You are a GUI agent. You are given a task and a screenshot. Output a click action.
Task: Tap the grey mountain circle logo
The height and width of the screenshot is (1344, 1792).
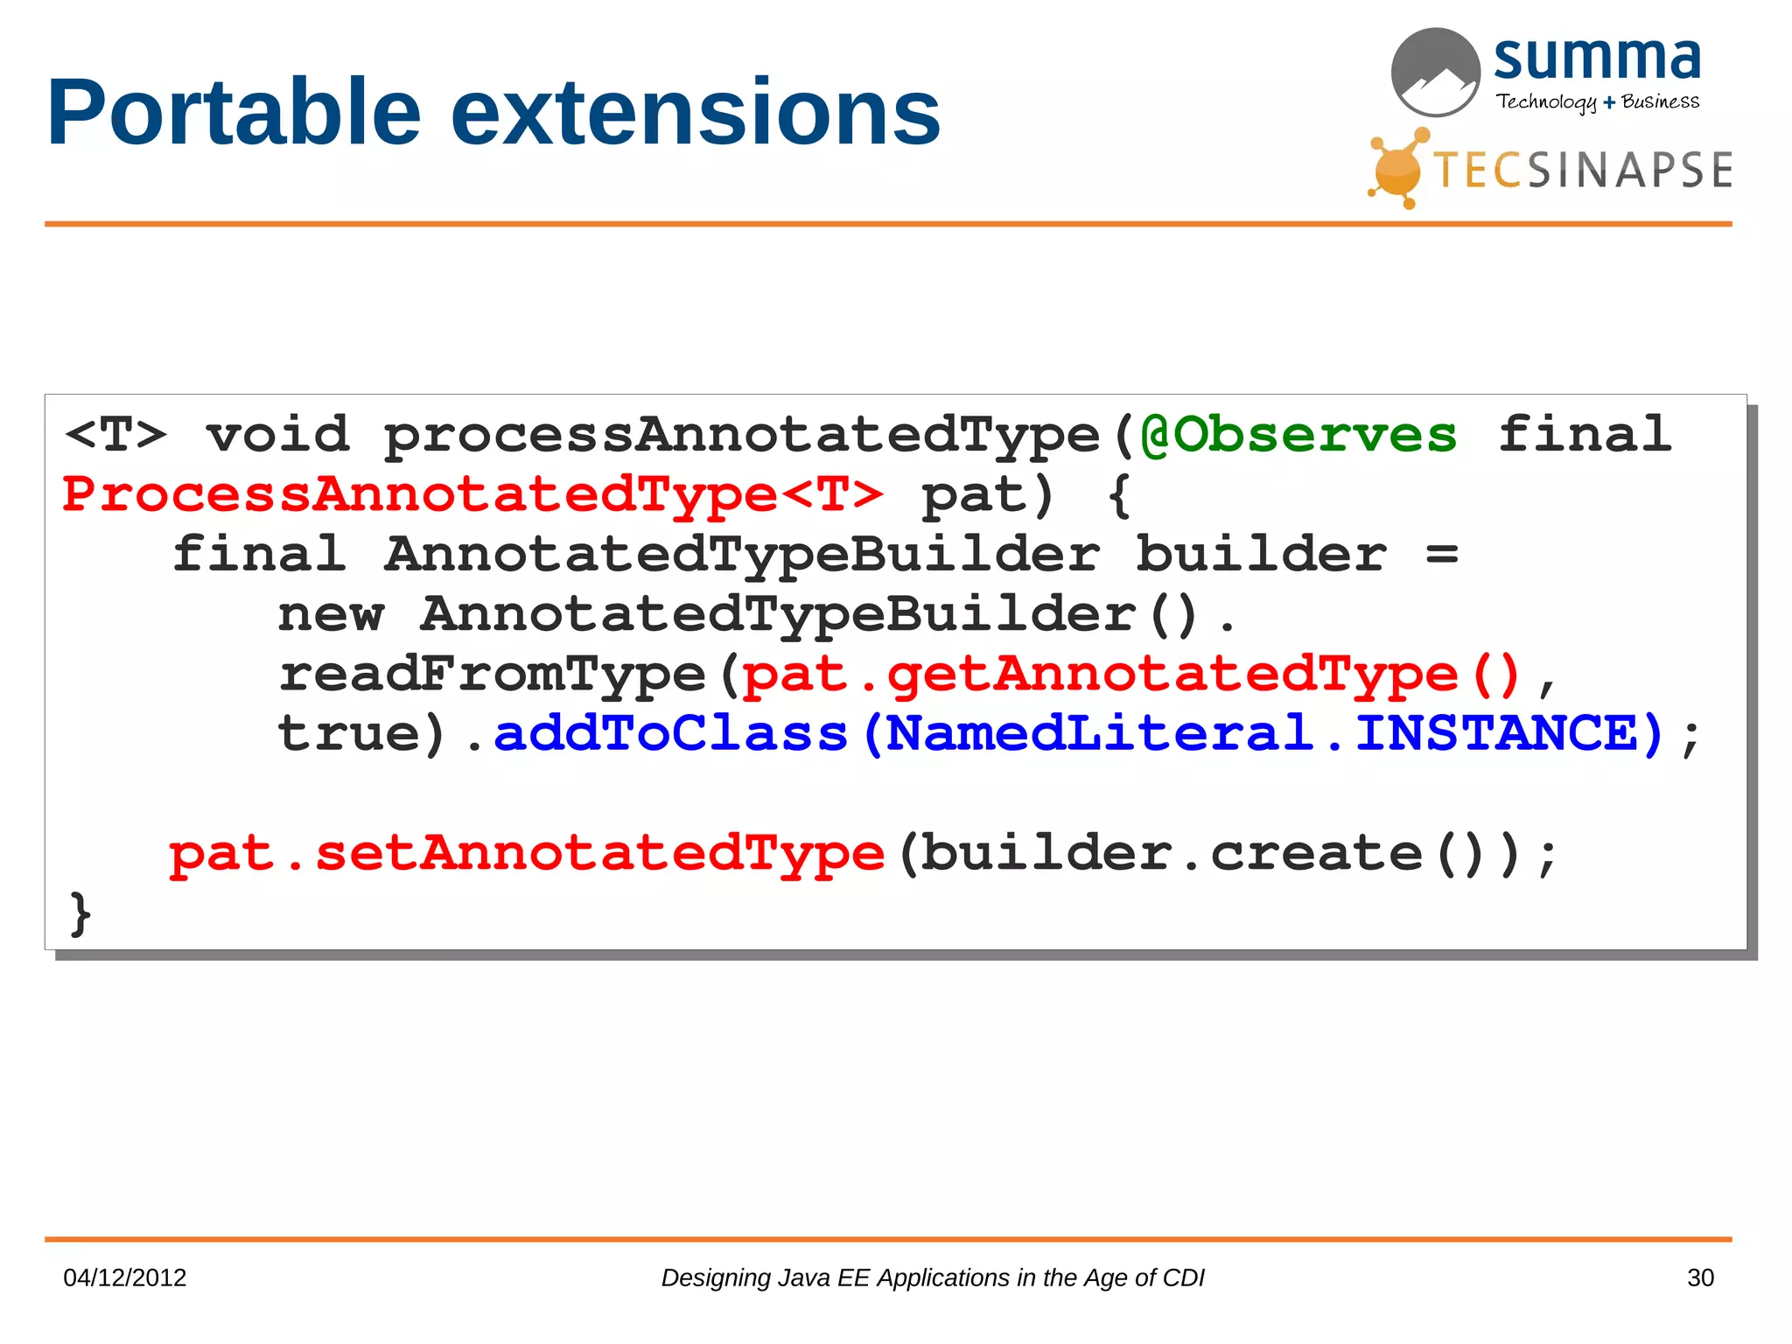click(1435, 72)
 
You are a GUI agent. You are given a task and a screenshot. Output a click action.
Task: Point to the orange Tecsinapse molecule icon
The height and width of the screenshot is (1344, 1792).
click(1398, 169)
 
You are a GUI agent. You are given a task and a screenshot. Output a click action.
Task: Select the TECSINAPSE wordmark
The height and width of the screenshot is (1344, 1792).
click(1584, 170)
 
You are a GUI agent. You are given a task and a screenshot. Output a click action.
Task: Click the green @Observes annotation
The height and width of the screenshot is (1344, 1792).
click(1298, 435)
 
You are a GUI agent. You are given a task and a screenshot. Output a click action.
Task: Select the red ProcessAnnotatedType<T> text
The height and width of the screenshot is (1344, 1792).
click(472, 494)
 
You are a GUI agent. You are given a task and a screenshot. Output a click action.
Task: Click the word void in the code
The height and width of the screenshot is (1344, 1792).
click(277, 435)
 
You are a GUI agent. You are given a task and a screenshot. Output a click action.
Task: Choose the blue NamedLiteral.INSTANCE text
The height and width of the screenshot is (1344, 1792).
click(1273, 733)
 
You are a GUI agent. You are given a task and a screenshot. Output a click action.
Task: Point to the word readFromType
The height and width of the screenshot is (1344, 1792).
click(492, 675)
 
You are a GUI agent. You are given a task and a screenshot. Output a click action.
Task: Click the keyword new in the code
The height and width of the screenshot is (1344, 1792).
click(331, 615)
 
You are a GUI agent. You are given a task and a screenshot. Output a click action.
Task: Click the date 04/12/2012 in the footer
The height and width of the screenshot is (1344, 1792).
click(125, 1277)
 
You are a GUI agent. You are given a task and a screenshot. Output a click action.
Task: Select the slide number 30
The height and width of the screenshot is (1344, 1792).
click(1700, 1277)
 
